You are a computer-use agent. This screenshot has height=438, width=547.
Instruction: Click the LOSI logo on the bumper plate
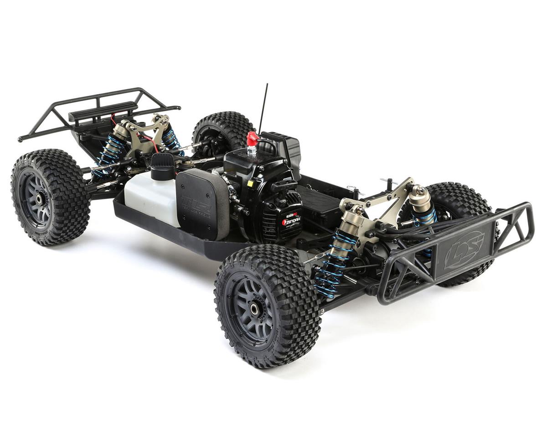[x=464, y=250]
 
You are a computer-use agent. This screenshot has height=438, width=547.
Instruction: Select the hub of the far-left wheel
[x=38, y=198]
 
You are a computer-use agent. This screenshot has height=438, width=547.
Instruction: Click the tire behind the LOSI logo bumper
[x=460, y=201]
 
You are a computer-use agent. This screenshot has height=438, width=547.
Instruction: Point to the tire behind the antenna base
[x=223, y=130]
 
